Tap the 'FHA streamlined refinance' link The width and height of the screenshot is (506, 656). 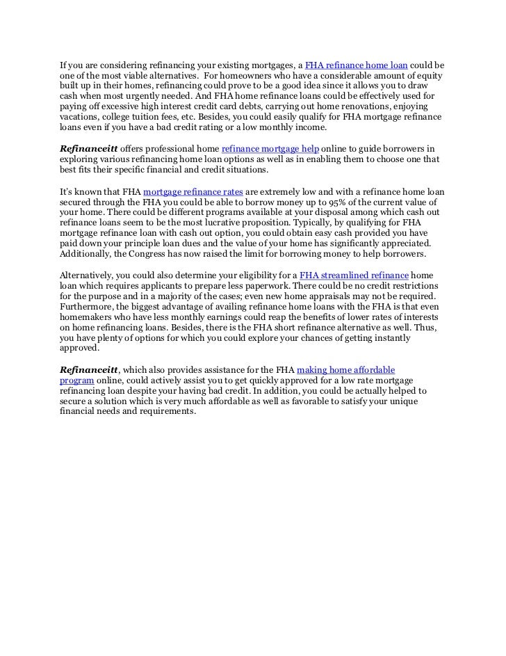pyautogui.click(x=354, y=275)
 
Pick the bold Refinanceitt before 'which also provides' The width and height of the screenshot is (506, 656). pyautogui.click(x=88, y=371)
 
